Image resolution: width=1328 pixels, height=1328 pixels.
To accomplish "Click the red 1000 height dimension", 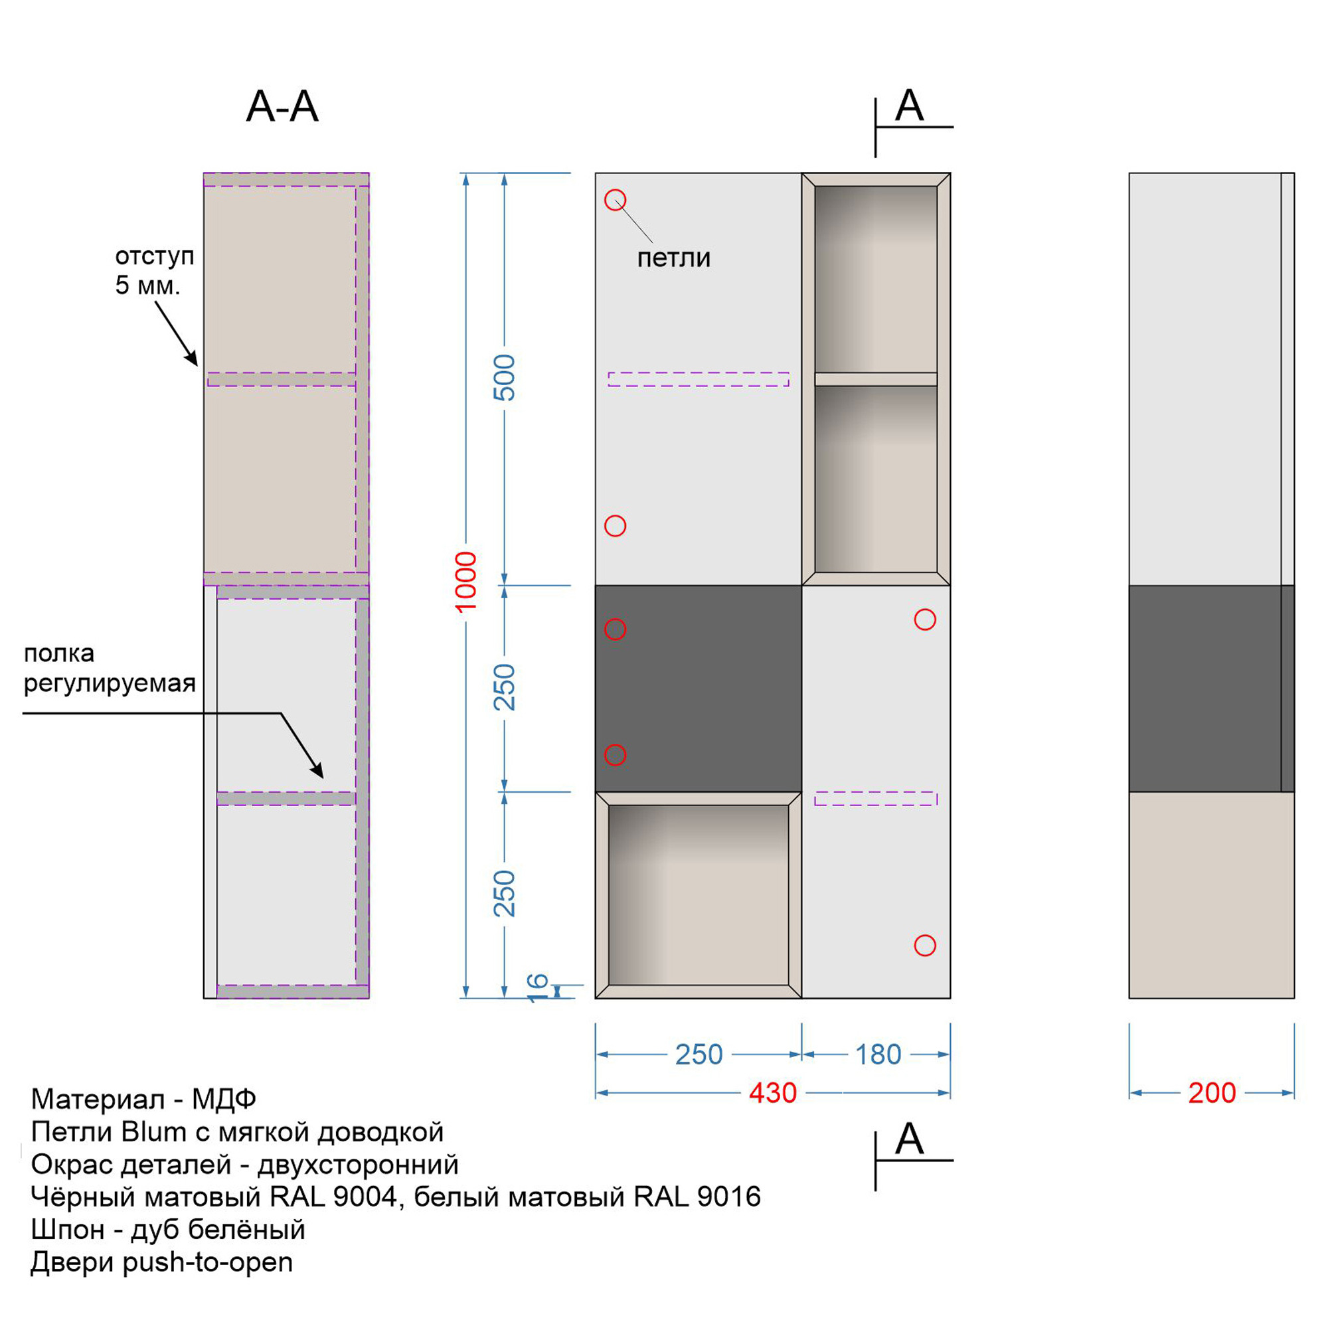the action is [x=465, y=582].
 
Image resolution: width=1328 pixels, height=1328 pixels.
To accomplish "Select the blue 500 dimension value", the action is [x=504, y=377].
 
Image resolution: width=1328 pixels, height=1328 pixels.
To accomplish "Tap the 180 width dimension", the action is [x=878, y=1054].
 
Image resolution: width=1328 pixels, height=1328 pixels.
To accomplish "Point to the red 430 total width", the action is [x=773, y=1093].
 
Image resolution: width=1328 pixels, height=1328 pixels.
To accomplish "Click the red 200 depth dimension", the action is [x=1212, y=1093].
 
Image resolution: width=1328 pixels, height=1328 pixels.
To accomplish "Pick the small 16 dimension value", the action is [x=538, y=987].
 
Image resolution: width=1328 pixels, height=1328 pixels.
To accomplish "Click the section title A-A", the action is [x=282, y=106].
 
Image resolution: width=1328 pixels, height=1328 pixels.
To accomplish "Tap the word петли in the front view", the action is [x=673, y=258].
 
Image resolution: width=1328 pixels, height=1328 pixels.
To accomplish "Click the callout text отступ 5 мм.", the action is [x=154, y=270].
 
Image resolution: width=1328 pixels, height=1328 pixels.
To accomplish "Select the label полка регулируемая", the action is [x=110, y=668].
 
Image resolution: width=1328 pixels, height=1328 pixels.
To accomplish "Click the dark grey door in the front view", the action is [x=699, y=689].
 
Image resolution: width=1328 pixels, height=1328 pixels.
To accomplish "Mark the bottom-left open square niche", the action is [x=699, y=895].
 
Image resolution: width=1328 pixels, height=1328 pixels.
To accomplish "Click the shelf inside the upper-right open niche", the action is [x=876, y=379].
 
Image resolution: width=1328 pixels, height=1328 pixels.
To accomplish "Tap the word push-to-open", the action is [x=208, y=1263].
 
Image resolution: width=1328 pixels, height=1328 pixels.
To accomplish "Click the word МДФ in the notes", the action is [x=224, y=1099].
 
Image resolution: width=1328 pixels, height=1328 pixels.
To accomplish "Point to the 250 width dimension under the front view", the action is [x=699, y=1054].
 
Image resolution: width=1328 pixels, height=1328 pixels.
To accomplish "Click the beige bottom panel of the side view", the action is [x=1212, y=895].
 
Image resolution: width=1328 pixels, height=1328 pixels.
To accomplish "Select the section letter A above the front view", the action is [x=910, y=105].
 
